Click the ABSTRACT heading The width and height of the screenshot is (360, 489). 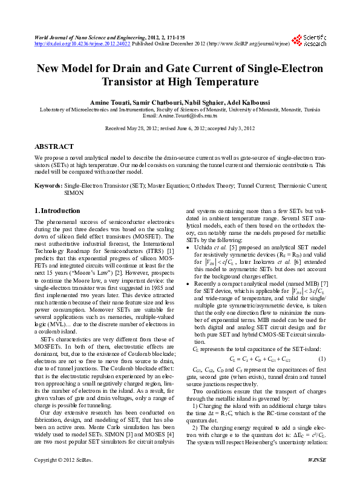pos(54,146)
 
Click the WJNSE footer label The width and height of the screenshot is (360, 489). pos(317,478)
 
